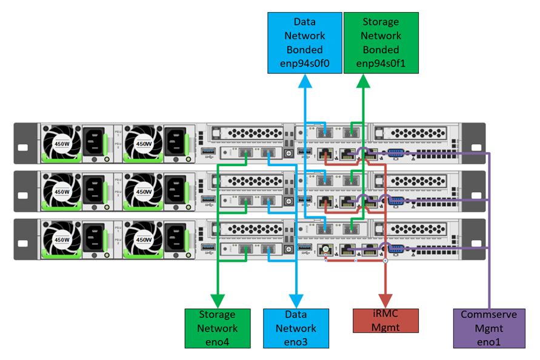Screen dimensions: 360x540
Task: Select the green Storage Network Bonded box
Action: (380, 43)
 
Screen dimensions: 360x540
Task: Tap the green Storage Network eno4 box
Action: (217, 328)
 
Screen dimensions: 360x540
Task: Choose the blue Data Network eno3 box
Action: (296, 328)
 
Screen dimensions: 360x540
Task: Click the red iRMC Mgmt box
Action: (385, 320)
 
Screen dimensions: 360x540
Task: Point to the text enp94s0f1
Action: (380, 64)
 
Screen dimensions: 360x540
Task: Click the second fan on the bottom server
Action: (144, 239)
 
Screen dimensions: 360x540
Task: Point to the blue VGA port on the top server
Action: (393, 153)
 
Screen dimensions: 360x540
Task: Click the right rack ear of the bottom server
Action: (476, 239)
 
